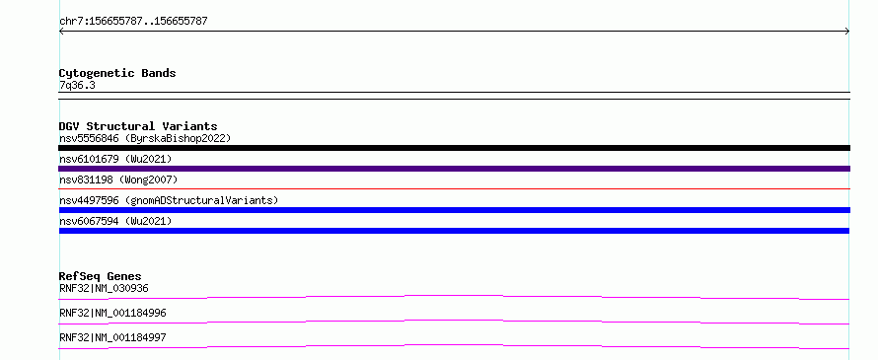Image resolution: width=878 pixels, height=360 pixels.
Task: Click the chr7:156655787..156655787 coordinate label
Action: [133, 22]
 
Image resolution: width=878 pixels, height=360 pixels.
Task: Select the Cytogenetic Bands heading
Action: [117, 73]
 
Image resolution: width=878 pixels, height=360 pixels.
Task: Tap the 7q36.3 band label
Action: [77, 86]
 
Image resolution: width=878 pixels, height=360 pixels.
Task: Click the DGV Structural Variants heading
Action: [138, 126]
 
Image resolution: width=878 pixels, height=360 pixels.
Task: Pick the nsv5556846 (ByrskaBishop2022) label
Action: [145, 138]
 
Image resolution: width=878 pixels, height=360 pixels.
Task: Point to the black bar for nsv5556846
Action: [454, 148]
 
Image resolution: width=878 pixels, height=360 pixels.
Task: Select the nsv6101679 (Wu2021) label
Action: [115, 159]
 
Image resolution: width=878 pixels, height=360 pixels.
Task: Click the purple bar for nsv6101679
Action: [454, 169]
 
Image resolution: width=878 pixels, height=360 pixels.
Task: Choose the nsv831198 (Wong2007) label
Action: [118, 180]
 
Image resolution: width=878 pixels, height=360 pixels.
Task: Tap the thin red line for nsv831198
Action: [454, 188]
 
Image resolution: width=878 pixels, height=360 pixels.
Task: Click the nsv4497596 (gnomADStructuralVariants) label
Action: [169, 200]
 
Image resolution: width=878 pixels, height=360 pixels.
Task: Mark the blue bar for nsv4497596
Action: [454, 210]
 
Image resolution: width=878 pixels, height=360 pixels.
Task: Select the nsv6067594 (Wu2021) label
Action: [115, 221]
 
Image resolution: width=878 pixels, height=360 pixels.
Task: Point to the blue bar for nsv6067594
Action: [454, 231]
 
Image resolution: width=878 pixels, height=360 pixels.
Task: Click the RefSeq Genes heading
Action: [100, 276]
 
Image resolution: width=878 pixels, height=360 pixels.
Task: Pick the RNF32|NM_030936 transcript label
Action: [104, 288]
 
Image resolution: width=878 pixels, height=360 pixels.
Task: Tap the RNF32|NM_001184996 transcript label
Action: [112, 313]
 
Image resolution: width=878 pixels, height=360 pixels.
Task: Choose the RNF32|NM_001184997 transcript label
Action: [112, 337]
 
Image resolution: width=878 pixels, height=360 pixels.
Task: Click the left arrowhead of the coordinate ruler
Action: [60, 32]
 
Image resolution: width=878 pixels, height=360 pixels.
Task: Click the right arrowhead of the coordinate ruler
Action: [848, 32]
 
